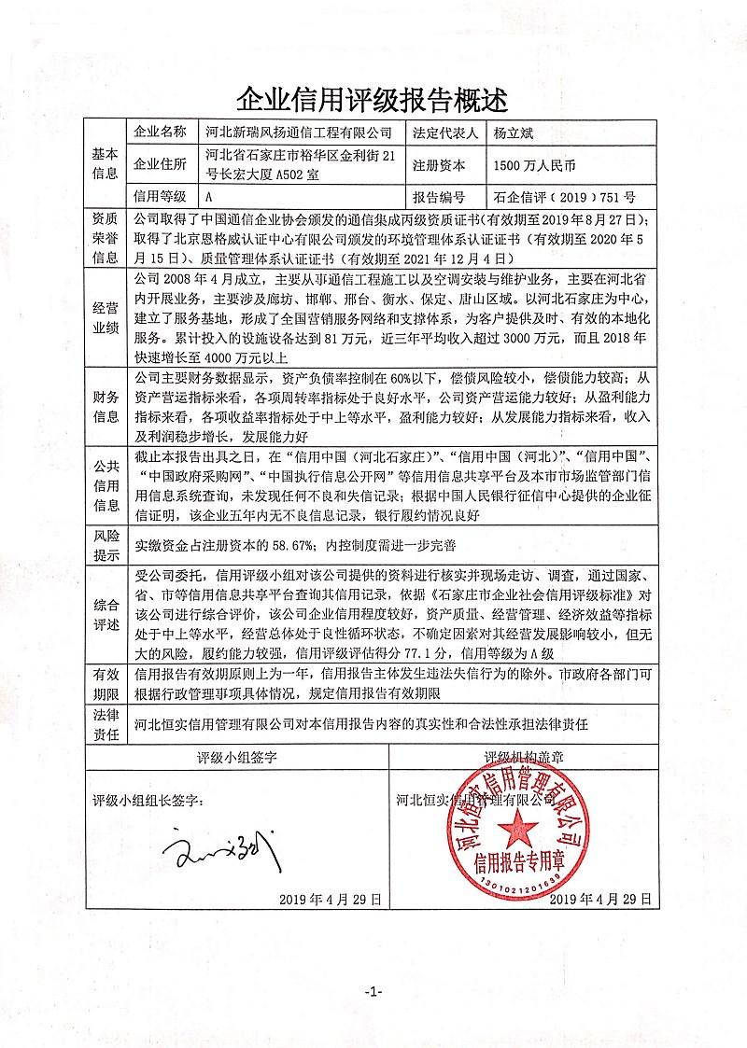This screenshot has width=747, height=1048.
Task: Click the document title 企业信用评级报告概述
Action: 373,98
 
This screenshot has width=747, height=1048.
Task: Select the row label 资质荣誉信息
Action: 104,238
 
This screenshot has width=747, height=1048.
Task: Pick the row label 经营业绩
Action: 104,317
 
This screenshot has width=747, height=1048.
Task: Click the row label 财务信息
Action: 104,407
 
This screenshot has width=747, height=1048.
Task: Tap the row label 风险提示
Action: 104,547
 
